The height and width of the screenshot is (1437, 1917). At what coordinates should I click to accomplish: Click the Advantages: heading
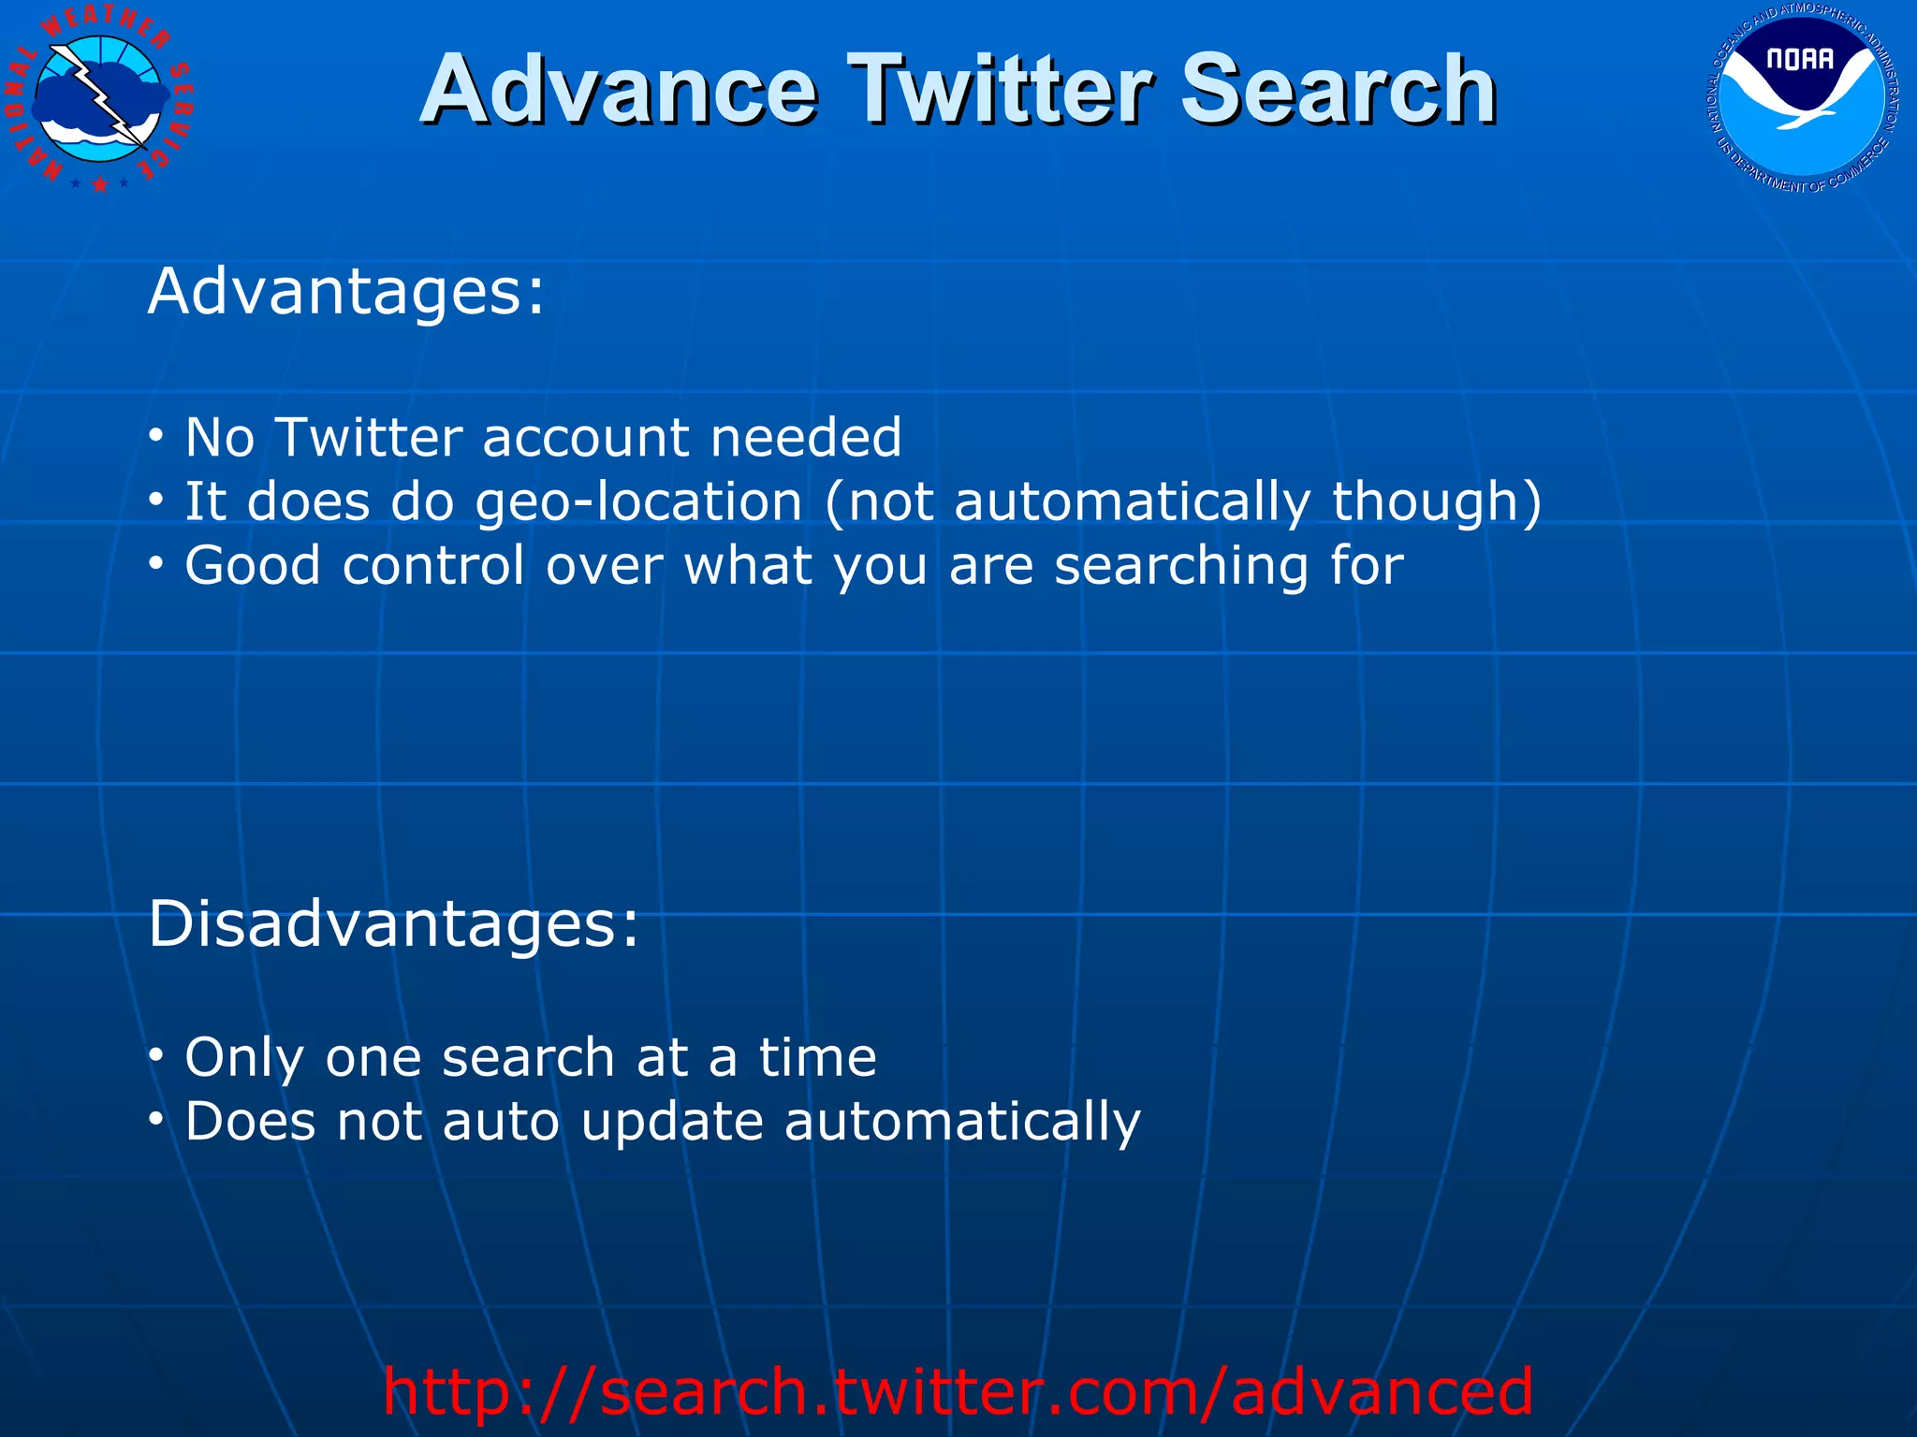(345, 291)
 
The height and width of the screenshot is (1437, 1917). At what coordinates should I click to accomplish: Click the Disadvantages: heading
(393, 923)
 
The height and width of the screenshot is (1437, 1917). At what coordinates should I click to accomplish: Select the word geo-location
(638, 502)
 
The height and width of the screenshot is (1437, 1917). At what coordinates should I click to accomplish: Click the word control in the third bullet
(433, 565)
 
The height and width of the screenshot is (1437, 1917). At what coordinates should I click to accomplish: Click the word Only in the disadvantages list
(244, 1058)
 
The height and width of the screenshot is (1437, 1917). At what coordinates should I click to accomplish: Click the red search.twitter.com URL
(958, 1391)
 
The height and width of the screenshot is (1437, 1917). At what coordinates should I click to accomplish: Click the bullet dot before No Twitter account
(157, 436)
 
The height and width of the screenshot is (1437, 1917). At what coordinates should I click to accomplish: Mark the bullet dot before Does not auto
(157, 1119)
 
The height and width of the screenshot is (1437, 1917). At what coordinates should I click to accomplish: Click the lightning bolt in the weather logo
(103, 103)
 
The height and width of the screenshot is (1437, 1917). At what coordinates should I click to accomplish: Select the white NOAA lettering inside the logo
(1799, 60)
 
